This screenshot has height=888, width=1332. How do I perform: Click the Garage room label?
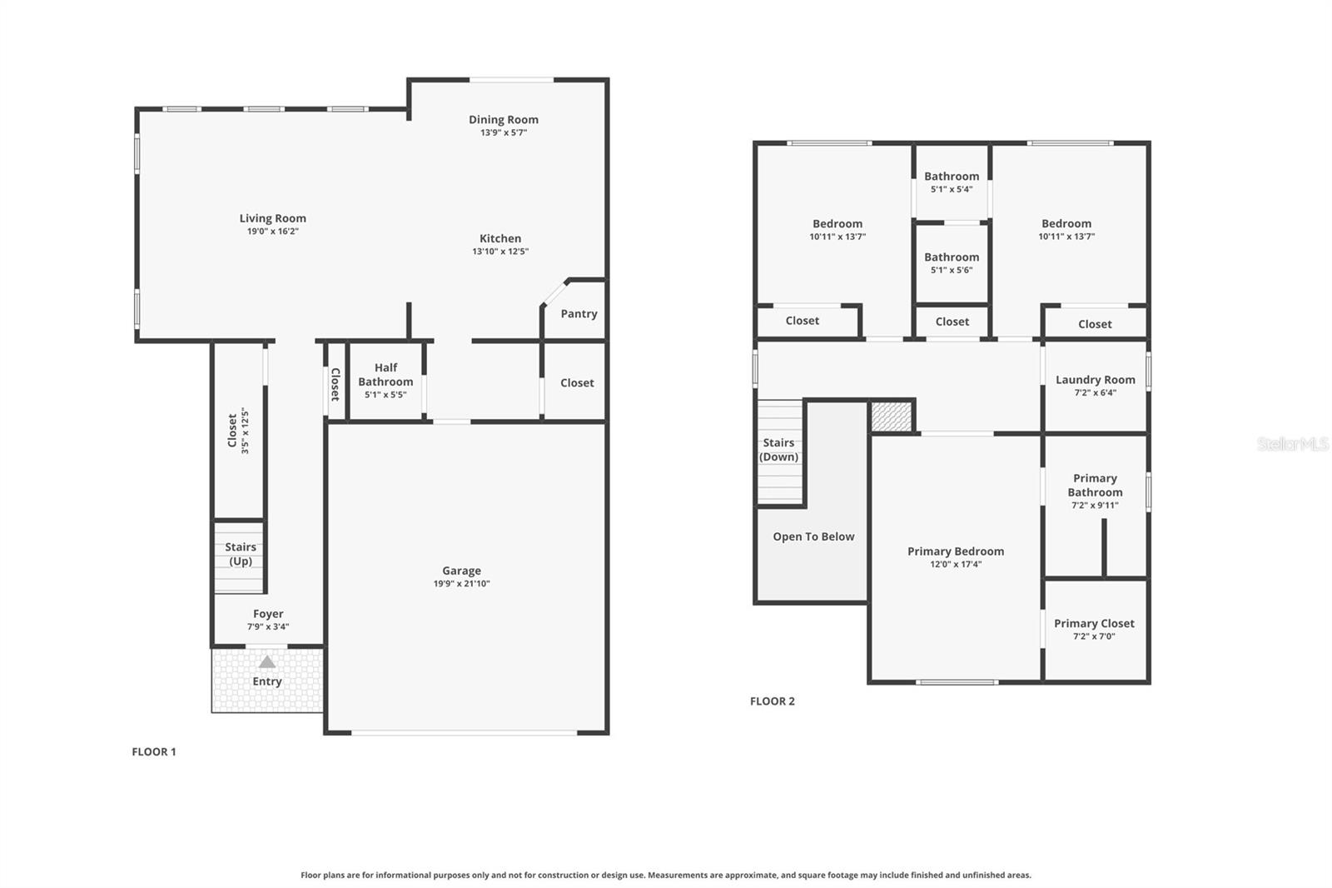[x=461, y=571]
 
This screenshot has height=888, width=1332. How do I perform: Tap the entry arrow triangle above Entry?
[x=266, y=662]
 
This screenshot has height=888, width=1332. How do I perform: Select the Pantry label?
[x=579, y=314]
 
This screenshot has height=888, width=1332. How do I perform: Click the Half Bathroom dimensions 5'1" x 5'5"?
[x=385, y=395]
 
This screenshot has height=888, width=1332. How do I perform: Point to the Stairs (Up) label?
[x=241, y=554]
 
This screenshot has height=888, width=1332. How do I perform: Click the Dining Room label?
[x=503, y=119]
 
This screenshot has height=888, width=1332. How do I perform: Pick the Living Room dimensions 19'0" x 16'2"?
[x=272, y=232]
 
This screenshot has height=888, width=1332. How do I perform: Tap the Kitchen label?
[x=500, y=238]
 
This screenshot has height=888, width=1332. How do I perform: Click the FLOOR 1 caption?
[x=154, y=751]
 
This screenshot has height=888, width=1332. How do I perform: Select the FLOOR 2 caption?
[x=773, y=701]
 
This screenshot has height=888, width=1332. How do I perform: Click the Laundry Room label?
[x=1095, y=379]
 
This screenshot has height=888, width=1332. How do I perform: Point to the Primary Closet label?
[x=1094, y=623]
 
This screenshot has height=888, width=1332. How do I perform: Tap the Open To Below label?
[x=813, y=536]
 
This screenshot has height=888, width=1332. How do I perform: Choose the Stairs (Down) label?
[x=779, y=450]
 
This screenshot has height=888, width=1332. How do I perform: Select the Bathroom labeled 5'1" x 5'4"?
[x=952, y=176]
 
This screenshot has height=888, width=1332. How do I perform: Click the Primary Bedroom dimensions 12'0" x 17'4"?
[x=956, y=564]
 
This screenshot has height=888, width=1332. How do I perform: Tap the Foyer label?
[x=268, y=614]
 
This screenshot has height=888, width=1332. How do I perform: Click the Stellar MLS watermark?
[x=1292, y=444]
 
